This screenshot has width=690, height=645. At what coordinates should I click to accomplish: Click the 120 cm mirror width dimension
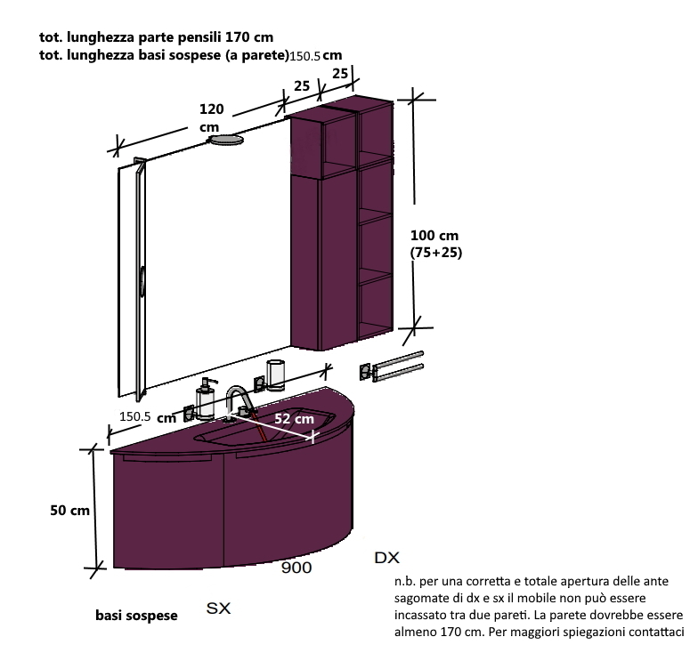click(212, 117)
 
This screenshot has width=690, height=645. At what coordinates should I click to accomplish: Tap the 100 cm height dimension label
click(434, 235)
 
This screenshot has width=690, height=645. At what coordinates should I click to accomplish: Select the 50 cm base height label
click(69, 510)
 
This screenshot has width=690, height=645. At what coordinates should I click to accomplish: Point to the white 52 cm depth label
click(294, 418)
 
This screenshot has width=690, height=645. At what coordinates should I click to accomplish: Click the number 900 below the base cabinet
click(296, 568)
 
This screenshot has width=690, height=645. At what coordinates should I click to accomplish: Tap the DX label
click(386, 558)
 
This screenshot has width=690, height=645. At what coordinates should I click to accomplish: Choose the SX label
click(218, 609)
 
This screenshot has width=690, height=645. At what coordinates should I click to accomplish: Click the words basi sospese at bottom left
click(136, 616)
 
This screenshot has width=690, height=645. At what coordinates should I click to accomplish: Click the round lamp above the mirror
click(226, 140)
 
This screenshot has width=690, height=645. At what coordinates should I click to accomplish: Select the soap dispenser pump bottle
click(206, 399)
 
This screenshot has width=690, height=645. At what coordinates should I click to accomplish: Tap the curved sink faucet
click(239, 402)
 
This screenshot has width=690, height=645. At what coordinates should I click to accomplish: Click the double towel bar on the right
click(392, 367)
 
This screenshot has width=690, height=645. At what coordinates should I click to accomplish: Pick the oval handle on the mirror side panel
click(142, 280)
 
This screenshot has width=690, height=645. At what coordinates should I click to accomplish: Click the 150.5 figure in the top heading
click(304, 56)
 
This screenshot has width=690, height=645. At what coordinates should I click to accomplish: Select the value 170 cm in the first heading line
click(249, 37)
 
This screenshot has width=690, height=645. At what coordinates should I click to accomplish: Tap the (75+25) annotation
click(436, 253)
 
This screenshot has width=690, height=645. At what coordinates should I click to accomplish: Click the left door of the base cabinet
click(168, 512)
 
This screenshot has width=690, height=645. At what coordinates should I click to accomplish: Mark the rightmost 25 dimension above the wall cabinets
click(340, 73)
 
